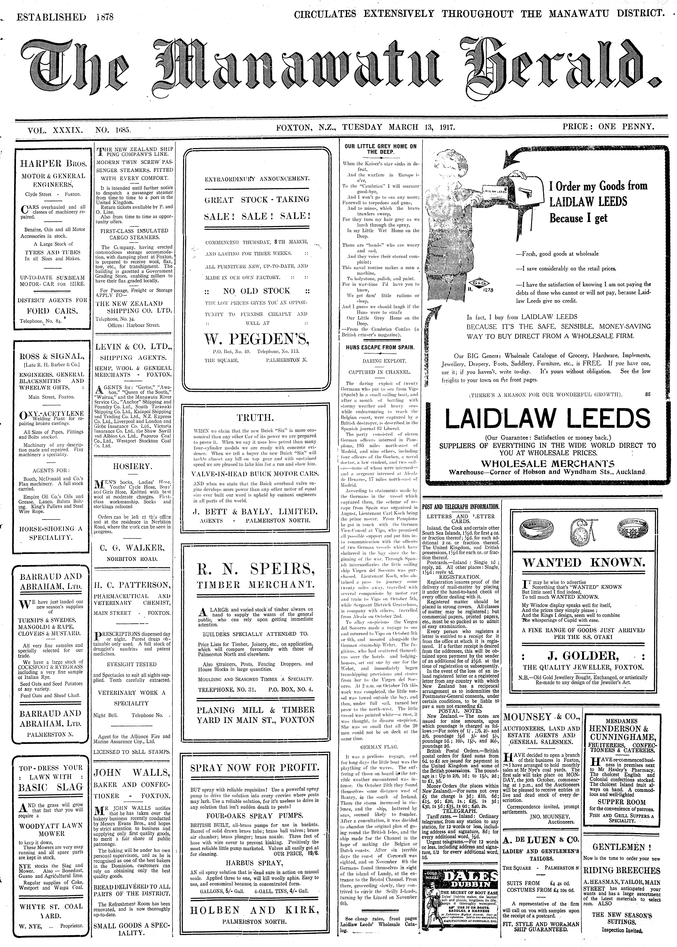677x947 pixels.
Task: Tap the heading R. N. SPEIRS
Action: [256, 568]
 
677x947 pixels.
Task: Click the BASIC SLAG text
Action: [50, 787]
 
